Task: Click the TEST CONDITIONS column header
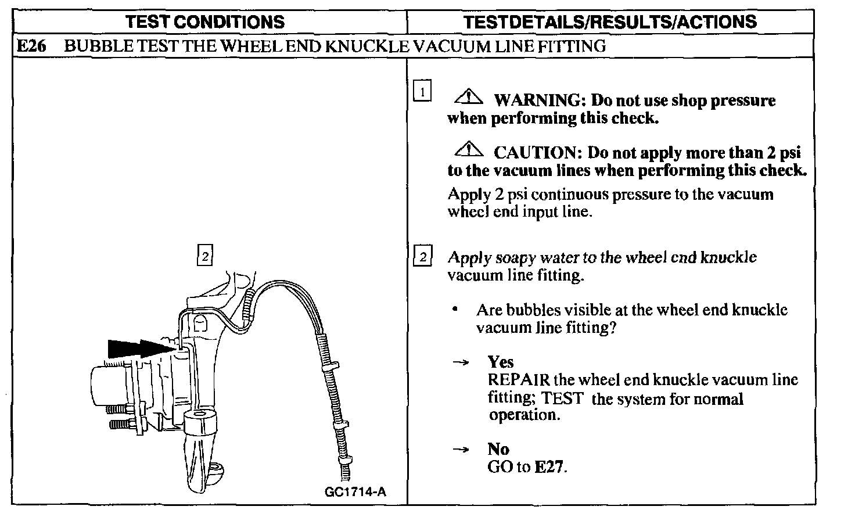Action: coord(206,22)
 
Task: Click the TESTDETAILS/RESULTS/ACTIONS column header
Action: coord(610,22)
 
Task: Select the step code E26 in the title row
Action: coord(31,46)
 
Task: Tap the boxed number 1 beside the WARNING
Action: coord(422,91)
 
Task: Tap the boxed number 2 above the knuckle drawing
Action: coord(205,256)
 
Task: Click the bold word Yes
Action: coord(501,362)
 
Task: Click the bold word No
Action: coord(498,449)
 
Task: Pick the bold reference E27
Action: coord(549,467)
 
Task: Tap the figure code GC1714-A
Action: coord(355,492)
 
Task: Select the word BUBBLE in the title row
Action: coord(91,46)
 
